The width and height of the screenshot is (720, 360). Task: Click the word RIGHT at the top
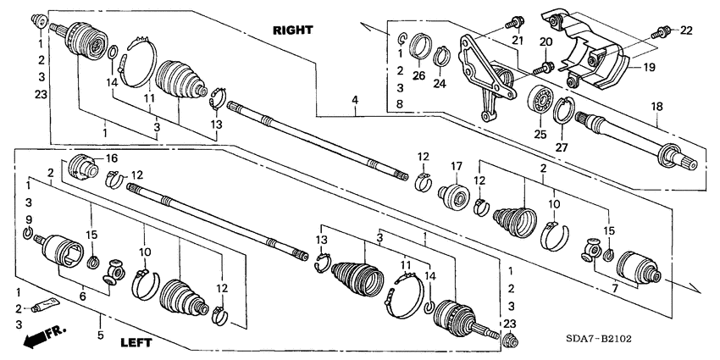[292, 30]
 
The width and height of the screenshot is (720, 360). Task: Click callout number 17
[455, 166]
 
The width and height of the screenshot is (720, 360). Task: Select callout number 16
[110, 158]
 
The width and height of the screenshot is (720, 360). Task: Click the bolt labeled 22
[662, 33]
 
